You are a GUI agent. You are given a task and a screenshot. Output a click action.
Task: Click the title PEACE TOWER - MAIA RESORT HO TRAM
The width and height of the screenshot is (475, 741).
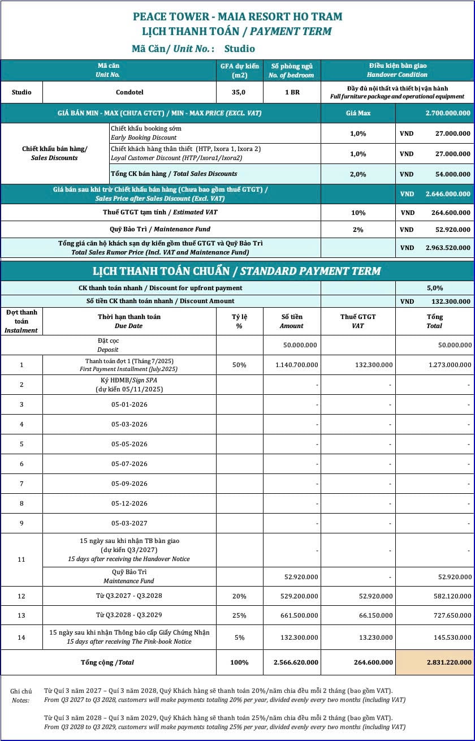coord(237,16)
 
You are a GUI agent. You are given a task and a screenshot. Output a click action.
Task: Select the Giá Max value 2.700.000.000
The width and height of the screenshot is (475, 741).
coord(447,113)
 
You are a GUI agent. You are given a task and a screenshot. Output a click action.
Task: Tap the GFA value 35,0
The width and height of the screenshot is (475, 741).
coord(240,92)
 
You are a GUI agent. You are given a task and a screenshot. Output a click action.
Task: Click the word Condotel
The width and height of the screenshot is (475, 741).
coord(129,92)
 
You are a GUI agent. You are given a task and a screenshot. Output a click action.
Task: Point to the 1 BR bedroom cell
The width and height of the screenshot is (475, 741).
coord(292,92)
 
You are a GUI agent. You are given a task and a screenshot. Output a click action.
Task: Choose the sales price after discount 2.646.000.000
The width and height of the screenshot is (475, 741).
coord(447,194)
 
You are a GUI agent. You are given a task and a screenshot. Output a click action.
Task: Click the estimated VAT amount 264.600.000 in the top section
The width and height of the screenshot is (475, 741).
coord(447,213)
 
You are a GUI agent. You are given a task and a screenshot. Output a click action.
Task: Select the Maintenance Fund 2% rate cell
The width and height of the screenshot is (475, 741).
coord(358,230)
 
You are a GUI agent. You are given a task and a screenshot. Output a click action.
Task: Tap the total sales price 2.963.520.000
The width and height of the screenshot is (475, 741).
coord(447,248)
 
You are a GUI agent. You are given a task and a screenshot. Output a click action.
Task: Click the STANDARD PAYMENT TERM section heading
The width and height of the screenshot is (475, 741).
coord(237,271)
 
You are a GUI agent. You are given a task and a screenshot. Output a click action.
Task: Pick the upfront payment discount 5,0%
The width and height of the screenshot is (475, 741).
coord(435,288)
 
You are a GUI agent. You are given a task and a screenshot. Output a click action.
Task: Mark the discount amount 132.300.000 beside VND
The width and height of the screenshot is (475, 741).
coord(447,301)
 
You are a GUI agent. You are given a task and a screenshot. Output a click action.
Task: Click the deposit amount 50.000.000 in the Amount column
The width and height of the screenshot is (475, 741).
coord(300,344)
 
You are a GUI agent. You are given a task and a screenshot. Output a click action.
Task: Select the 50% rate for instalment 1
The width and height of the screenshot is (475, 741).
coord(239,365)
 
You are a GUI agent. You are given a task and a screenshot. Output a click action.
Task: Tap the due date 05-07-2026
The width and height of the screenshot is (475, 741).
coord(129,464)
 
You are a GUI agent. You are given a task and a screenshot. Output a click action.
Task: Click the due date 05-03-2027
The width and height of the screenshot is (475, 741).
coord(129,523)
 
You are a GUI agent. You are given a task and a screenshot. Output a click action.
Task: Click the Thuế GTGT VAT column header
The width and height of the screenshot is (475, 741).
coord(358,321)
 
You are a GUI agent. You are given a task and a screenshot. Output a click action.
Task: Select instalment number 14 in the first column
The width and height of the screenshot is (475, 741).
coord(21,637)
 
